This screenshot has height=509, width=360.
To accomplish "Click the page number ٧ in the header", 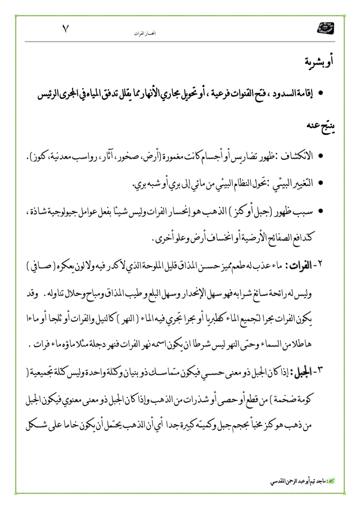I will pyautogui.click(x=66, y=30).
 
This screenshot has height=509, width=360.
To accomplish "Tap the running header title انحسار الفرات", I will pyautogui.click(x=146, y=34).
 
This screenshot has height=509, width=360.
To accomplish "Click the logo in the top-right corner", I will pyautogui.click(x=325, y=28).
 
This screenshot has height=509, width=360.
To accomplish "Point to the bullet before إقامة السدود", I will pyautogui.click(x=320, y=91).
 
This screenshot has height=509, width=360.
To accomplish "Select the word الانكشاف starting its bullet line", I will pyautogui.click(x=294, y=155).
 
